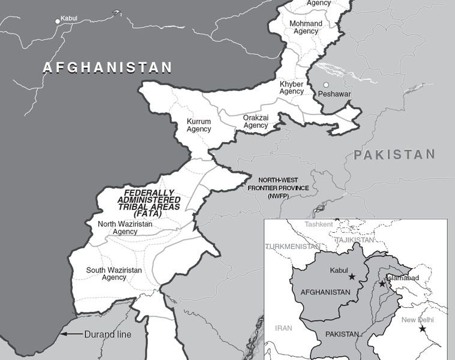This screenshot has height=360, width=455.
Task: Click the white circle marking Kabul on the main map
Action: pos(58,21)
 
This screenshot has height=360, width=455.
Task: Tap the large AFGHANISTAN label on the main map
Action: pos(107,68)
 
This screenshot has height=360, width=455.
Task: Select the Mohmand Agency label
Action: pos(306,28)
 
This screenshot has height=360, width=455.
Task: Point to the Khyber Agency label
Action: pos(292,88)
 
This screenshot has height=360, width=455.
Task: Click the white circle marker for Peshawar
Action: pos(326,85)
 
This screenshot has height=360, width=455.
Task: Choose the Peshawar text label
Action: pos(334,95)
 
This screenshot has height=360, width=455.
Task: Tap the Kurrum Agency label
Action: pos(199,125)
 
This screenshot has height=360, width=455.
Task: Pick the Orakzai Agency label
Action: pos(256,122)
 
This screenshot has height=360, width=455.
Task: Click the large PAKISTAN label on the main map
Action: pos(394,155)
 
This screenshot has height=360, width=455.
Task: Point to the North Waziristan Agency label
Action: pos(125,228)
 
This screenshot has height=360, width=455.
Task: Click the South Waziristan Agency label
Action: pos(114,274)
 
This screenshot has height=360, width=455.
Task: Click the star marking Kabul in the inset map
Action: pos(352,277)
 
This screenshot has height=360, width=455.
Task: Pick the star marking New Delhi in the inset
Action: pos(423,329)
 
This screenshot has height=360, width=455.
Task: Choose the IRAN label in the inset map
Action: pos(283,329)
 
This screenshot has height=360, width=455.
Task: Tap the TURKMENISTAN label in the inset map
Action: pos(292,247)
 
